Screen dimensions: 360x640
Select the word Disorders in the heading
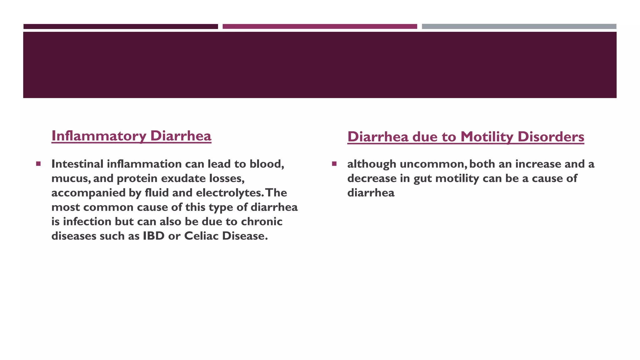tap(551, 137)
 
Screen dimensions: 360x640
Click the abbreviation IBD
tap(153, 236)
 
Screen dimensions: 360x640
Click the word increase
tap(538, 164)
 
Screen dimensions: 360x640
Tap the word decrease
tap(372, 178)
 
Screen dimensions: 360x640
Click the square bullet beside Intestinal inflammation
tap(38, 164)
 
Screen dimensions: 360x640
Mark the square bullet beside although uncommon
tap(334, 164)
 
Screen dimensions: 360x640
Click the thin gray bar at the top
tap(519, 27)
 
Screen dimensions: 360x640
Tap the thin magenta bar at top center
tap(320, 27)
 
